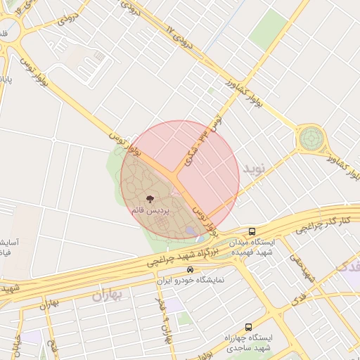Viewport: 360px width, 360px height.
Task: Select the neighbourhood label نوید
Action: click(x=255, y=169)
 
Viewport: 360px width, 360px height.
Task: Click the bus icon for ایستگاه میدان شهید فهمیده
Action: click(x=252, y=231)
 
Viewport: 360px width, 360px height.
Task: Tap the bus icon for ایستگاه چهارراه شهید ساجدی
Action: click(x=247, y=327)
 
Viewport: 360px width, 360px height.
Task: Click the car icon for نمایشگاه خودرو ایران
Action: click(x=190, y=269)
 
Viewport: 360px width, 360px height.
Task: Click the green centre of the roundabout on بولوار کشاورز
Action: click(x=310, y=138)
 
